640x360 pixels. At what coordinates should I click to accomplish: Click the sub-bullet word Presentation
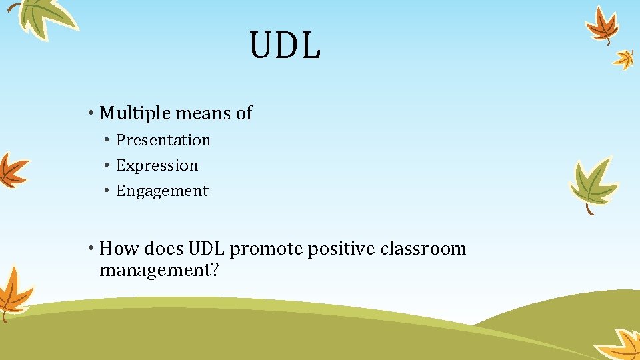point(163,140)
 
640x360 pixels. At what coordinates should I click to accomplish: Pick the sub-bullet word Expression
point(157,165)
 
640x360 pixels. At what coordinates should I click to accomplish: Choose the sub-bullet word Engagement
point(162,191)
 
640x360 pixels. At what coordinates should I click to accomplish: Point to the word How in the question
point(117,249)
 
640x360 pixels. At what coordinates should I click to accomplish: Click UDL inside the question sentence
point(208,249)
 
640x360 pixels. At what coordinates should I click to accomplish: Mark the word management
point(154,271)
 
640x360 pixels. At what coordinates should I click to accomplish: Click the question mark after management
point(214,270)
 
